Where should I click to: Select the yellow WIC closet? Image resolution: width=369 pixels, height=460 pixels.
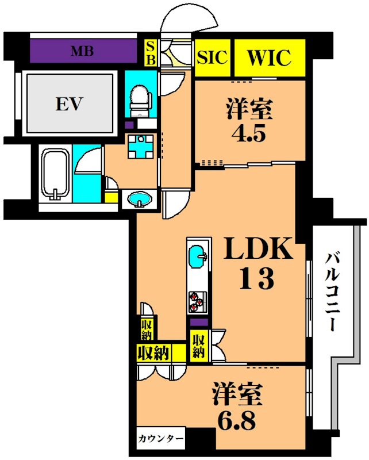point(269,58)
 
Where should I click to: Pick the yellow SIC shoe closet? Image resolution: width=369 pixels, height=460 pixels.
point(213,58)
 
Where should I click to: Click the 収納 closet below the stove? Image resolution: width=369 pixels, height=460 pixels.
point(198,345)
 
